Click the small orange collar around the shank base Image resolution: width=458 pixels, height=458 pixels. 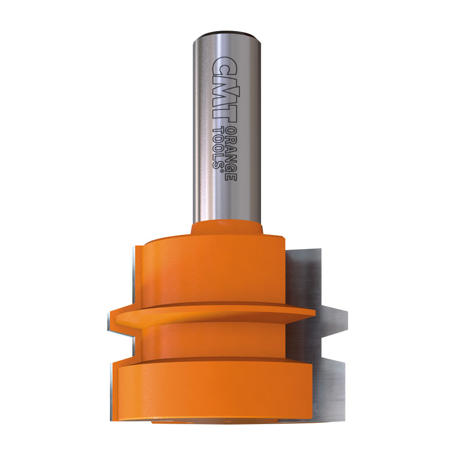pyautogui.click(x=227, y=228)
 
